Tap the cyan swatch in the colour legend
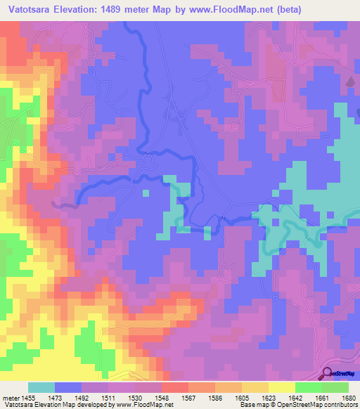(41, 387)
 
